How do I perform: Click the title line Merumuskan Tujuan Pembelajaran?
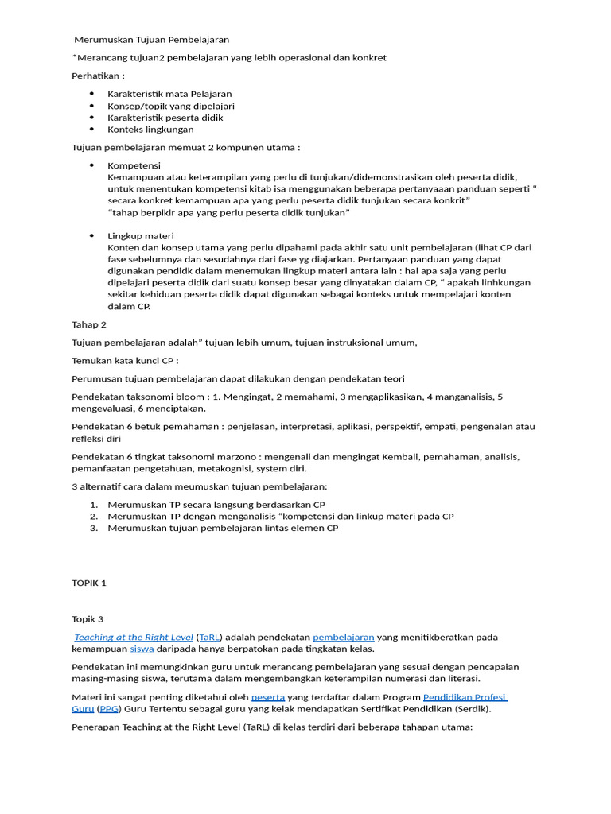[x=151, y=39]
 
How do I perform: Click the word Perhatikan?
[x=98, y=76]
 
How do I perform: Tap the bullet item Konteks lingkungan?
[x=150, y=129]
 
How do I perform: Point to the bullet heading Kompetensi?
[x=134, y=165]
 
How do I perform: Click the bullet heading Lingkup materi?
[x=141, y=236]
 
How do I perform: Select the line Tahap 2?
[x=89, y=324]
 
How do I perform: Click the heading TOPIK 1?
[x=89, y=583]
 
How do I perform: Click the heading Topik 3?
[x=88, y=619]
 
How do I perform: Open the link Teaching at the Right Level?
[x=134, y=638]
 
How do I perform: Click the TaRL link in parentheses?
[x=210, y=638]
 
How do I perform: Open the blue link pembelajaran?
[x=343, y=638]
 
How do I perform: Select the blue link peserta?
[x=267, y=697]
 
